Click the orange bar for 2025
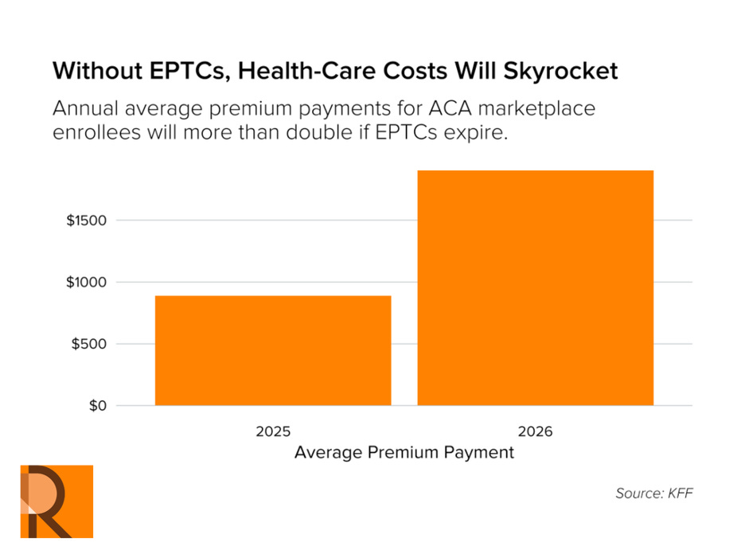click(x=273, y=351)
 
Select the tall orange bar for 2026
click(x=535, y=288)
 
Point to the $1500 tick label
click(x=88, y=220)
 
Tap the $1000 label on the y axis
click(x=88, y=283)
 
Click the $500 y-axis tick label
click(x=91, y=345)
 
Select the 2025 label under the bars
click(x=273, y=431)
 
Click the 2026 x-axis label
click(x=535, y=431)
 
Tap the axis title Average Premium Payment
click(x=404, y=453)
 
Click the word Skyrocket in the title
click(x=560, y=71)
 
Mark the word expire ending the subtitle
click(x=479, y=132)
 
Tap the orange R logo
click(x=57, y=501)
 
